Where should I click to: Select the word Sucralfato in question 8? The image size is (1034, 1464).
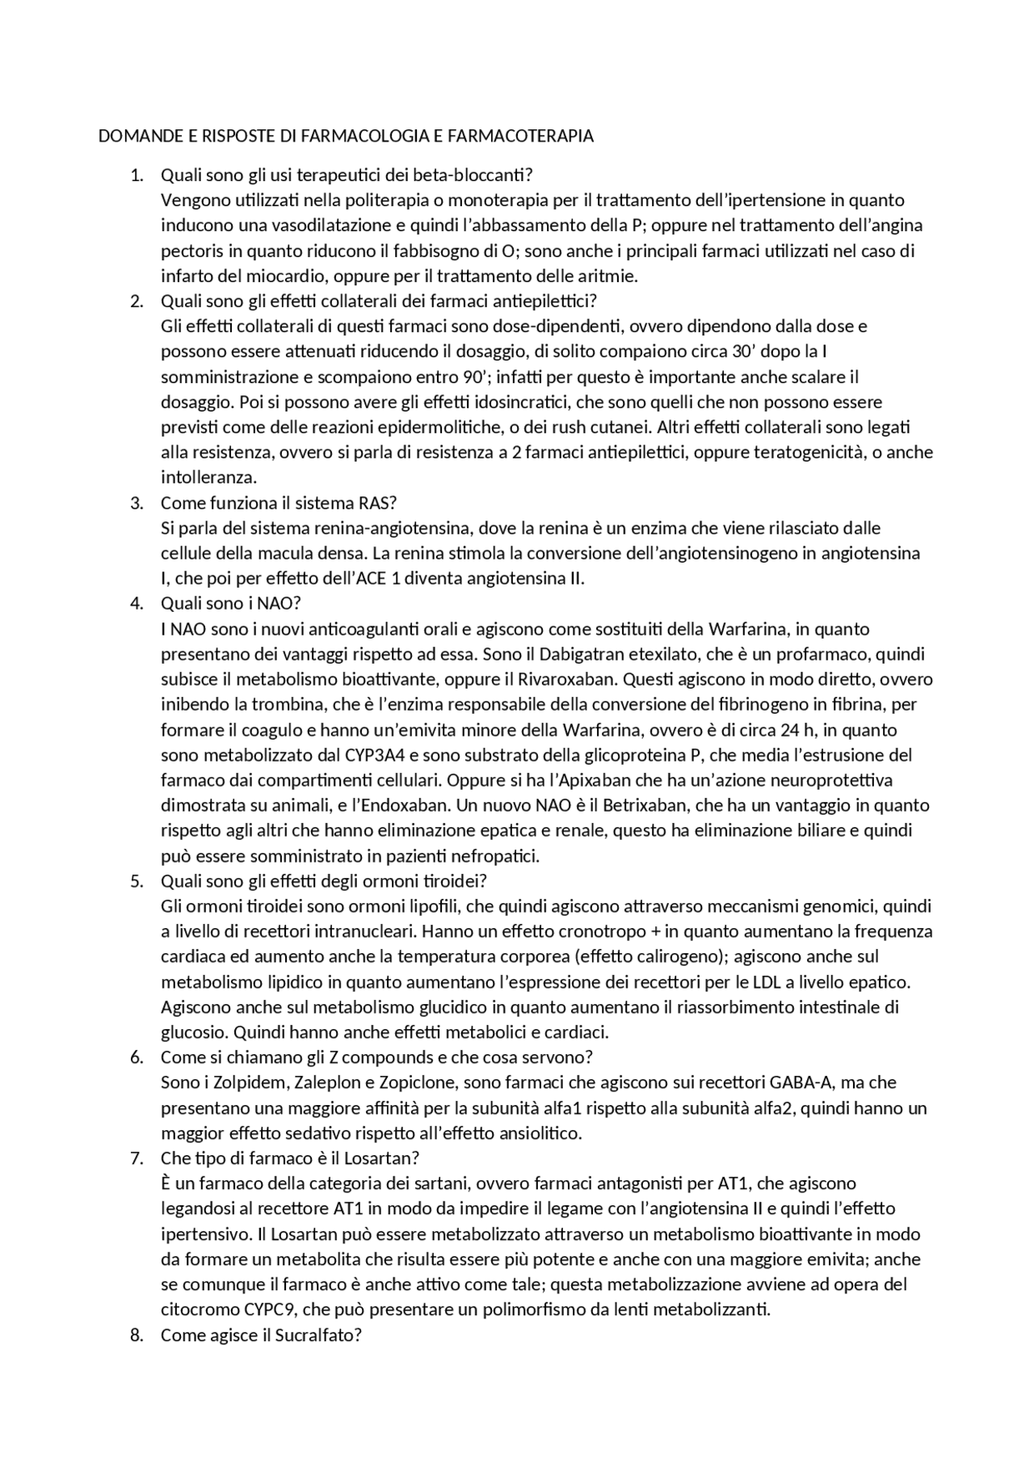coord(317,1335)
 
